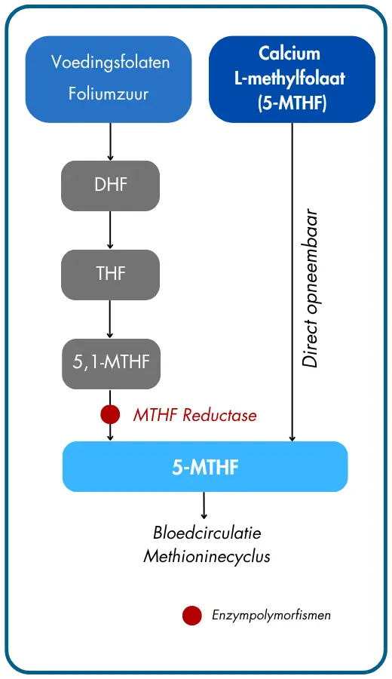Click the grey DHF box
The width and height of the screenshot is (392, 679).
(x=110, y=186)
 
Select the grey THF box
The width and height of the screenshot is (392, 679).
(x=110, y=275)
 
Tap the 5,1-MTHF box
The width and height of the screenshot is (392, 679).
(x=112, y=364)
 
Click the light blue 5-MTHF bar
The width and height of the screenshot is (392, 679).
(x=205, y=466)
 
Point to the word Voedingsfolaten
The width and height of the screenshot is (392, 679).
(x=110, y=63)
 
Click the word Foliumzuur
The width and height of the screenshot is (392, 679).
(x=108, y=94)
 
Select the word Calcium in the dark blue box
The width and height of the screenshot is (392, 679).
(x=289, y=54)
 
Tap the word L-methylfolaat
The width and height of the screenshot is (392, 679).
(x=290, y=78)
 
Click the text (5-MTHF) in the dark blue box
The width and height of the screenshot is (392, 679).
(x=292, y=103)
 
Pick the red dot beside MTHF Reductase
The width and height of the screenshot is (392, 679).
(x=110, y=414)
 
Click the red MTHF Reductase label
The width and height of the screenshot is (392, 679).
(x=194, y=415)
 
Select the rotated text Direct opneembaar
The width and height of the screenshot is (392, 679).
(x=311, y=288)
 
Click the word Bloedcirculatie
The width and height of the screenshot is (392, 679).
(x=207, y=533)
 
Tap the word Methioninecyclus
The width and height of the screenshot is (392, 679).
(x=207, y=556)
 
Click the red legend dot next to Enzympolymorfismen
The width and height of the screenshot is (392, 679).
(x=191, y=616)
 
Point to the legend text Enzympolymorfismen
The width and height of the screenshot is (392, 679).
(x=271, y=615)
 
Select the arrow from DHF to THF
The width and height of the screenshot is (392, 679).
(x=110, y=230)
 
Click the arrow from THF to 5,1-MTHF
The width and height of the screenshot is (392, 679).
(x=110, y=319)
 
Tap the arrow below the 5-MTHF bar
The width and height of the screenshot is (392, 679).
(x=204, y=505)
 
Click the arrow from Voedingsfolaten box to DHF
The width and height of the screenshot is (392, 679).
(x=110, y=142)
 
